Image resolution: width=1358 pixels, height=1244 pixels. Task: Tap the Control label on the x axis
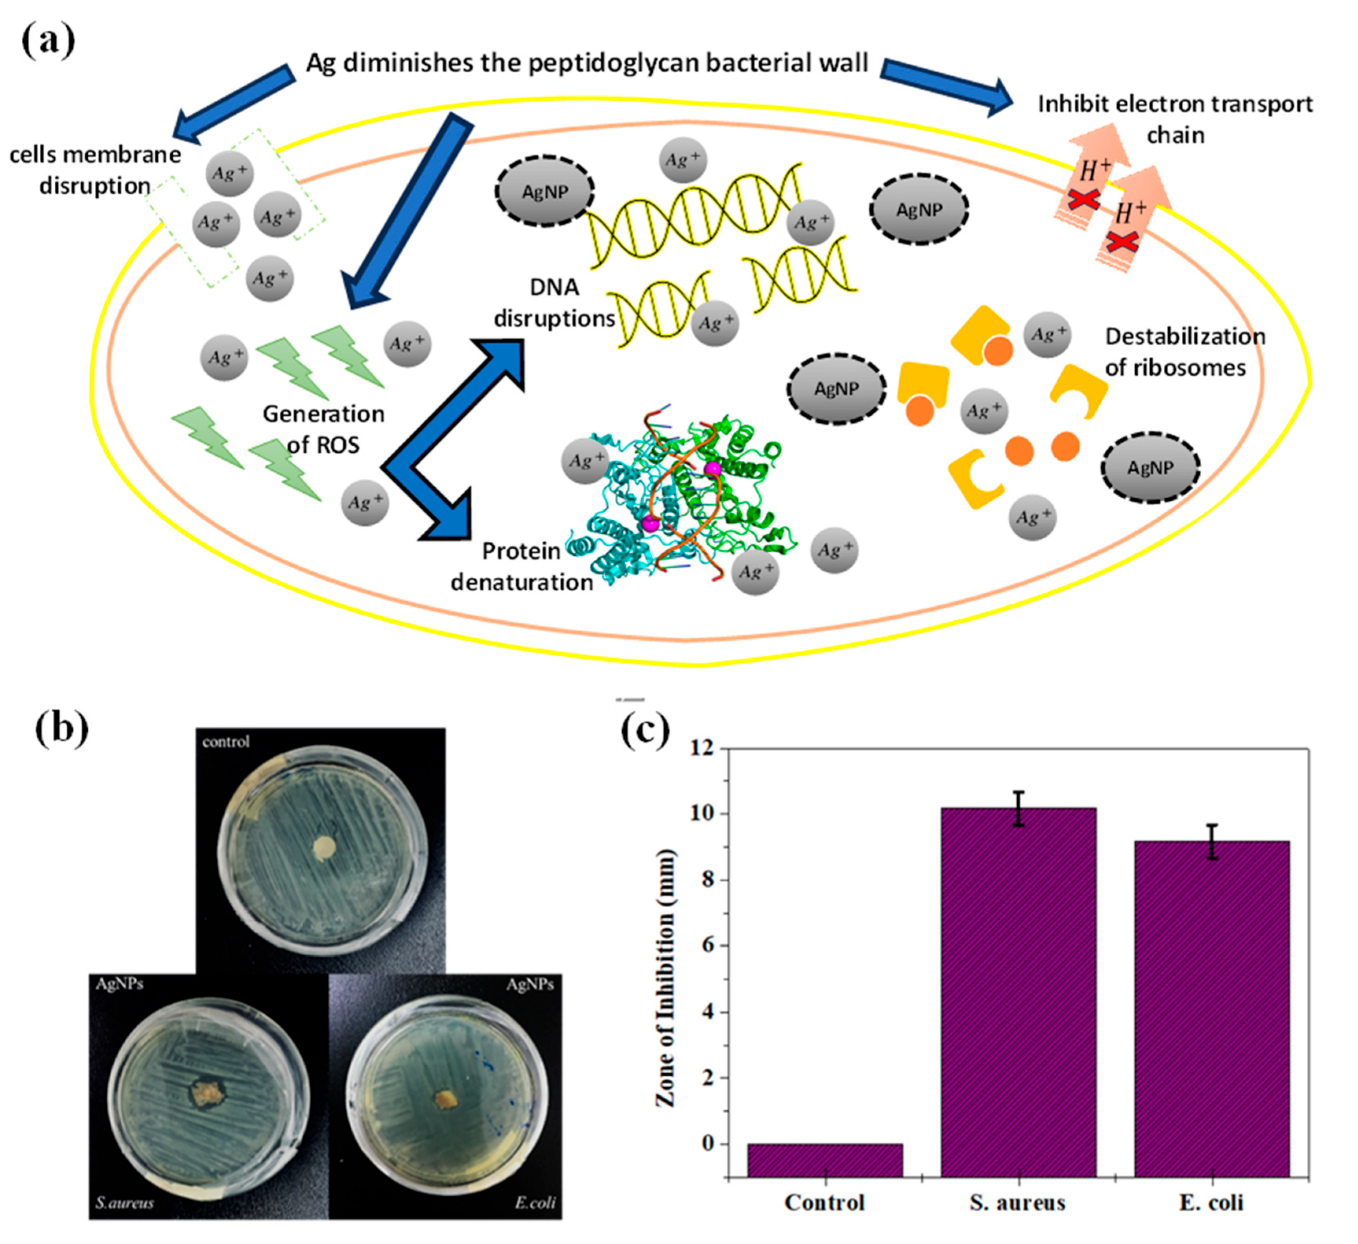tap(825, 1202)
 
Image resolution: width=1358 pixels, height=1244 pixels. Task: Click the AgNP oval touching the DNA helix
tap(545, 192)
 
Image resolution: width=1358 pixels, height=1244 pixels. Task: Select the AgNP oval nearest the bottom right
tap(1150, 467)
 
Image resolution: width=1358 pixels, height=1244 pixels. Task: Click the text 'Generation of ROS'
tap(323, 429)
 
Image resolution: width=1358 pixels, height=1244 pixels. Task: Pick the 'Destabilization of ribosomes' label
tap(1184, 352)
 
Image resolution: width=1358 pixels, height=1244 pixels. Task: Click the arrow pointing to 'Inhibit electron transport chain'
tap(947, 86)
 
